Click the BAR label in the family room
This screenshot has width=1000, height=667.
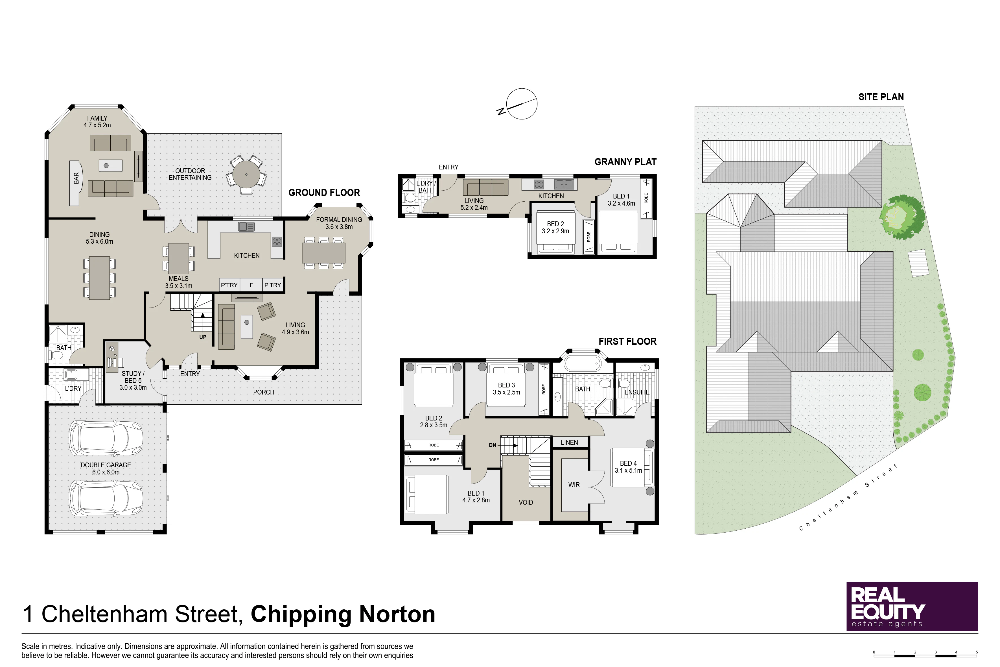point(76,178)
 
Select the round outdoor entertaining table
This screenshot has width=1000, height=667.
point(246,175)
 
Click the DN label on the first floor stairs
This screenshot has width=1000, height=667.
point(492,445)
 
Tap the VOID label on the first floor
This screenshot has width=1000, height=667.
point(526,502)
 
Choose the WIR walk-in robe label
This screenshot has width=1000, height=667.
point(574,485)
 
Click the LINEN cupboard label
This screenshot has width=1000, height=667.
point(569,443)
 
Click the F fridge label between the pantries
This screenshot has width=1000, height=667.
point(251,285)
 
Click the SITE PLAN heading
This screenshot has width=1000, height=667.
point(881,97)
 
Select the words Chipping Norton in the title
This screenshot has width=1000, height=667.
point(343,614)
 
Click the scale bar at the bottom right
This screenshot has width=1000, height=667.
point(925,655)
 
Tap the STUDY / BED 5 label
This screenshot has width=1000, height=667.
point(133,381)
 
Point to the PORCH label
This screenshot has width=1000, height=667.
point(264,392)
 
